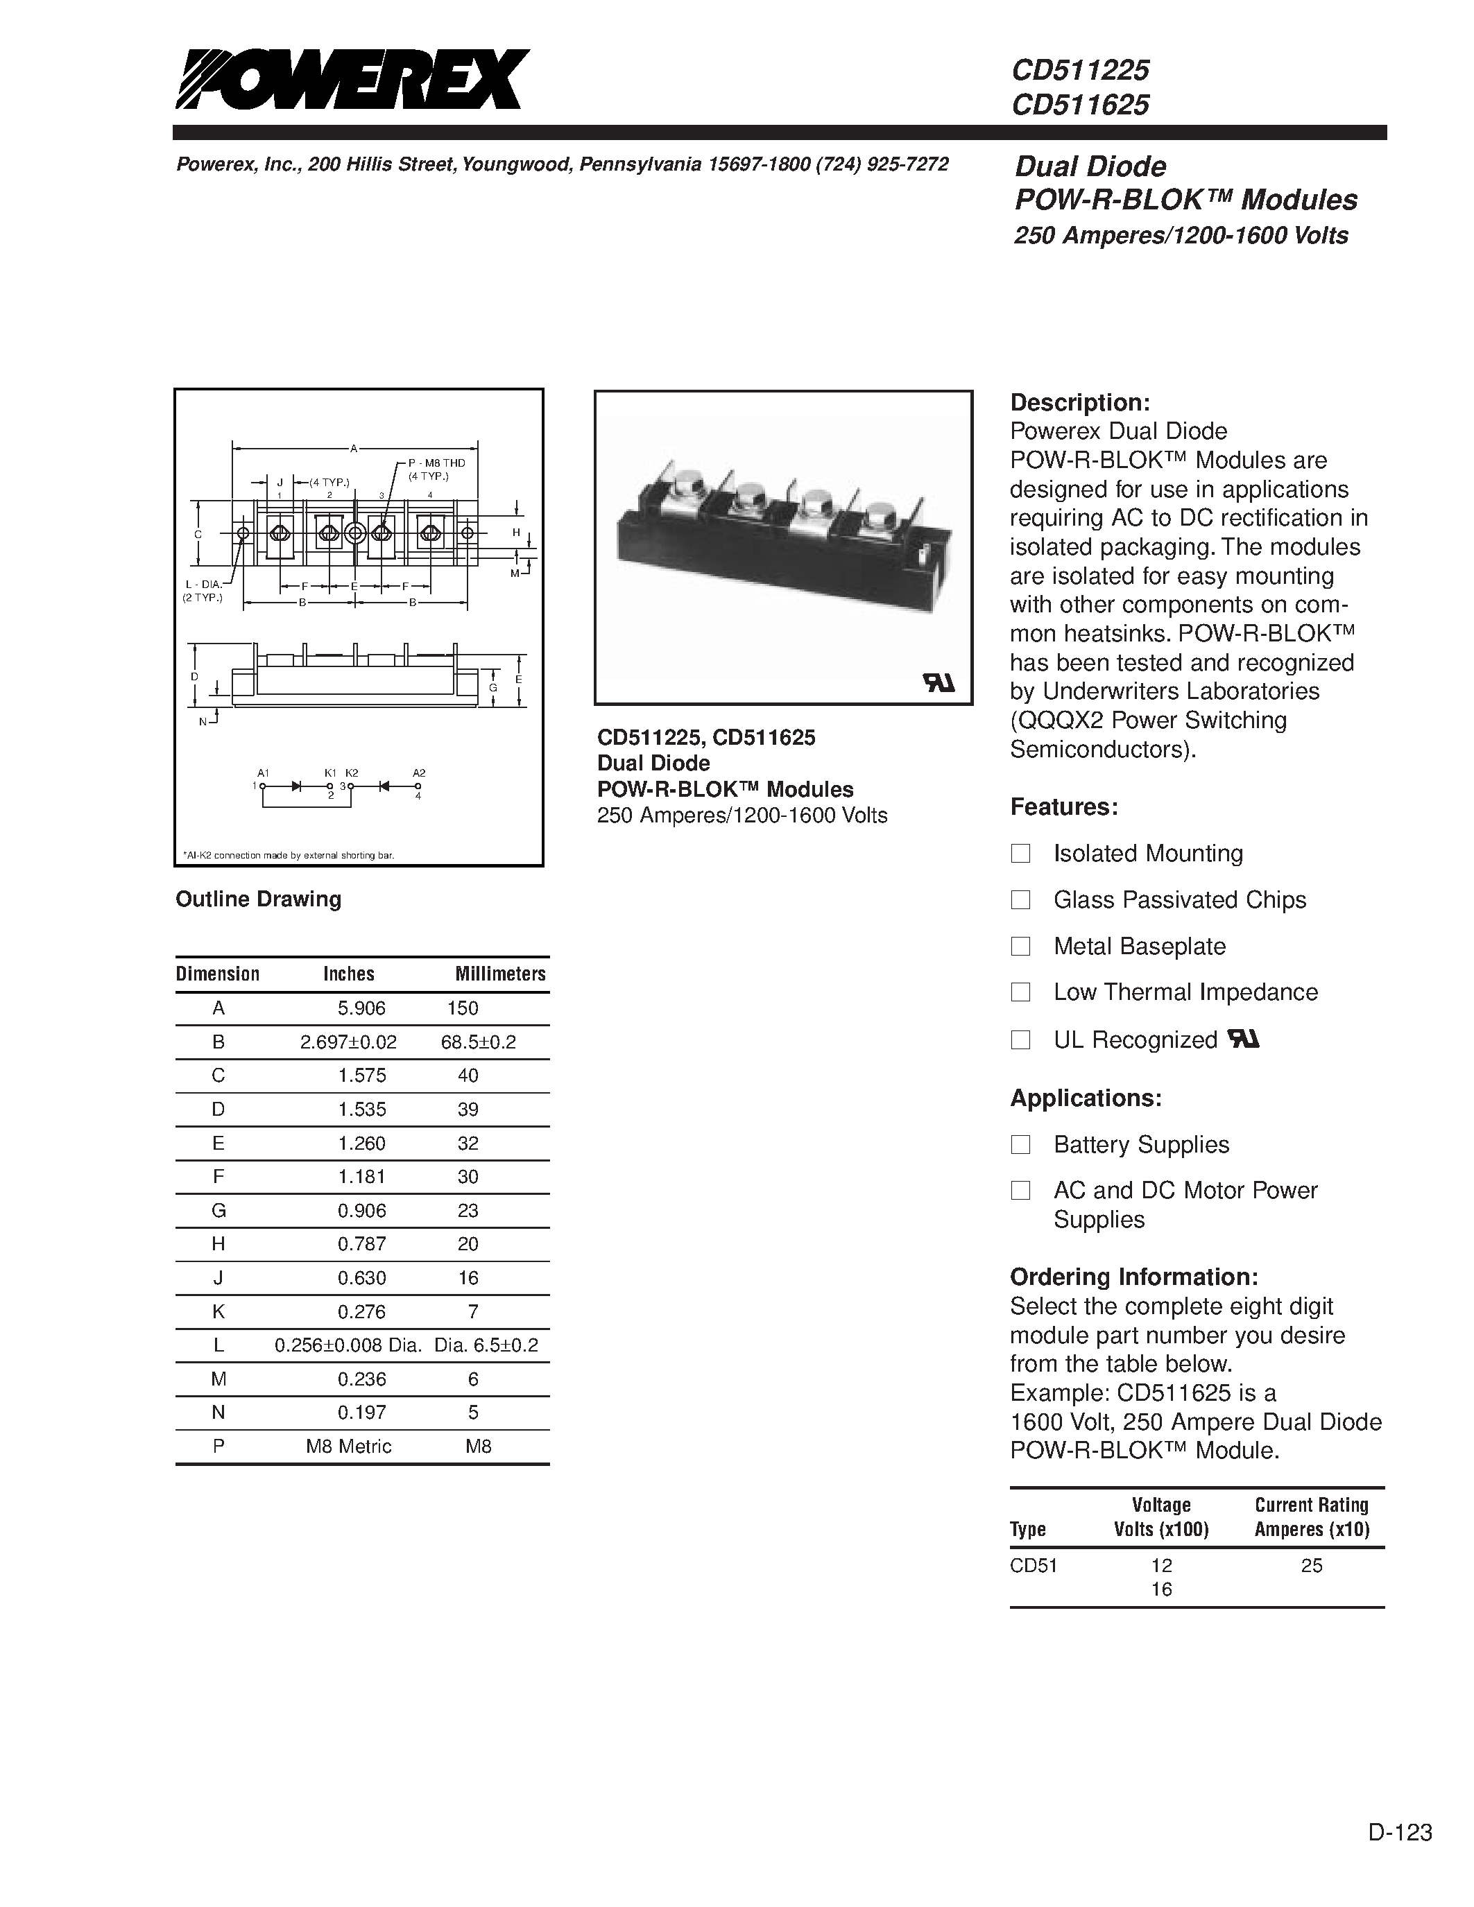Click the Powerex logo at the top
pos(352,80)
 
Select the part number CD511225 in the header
pos(1080,70)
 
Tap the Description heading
pos(1079,402)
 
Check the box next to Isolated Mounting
pos(1020,853)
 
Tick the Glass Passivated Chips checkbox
pos(1020,899)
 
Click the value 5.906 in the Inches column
pos(361,1008)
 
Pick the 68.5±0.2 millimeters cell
pos(479,1042)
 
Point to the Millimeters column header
pos(499,974)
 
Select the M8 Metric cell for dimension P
pos(348,1446)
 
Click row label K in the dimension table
pos(218,1311)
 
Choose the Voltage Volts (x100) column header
pos(1160,1517)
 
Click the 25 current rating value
pos(1311,1566)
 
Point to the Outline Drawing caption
pos(259,899)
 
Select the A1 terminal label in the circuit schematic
pos(263,773)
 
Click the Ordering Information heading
pos(1133,1277)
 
